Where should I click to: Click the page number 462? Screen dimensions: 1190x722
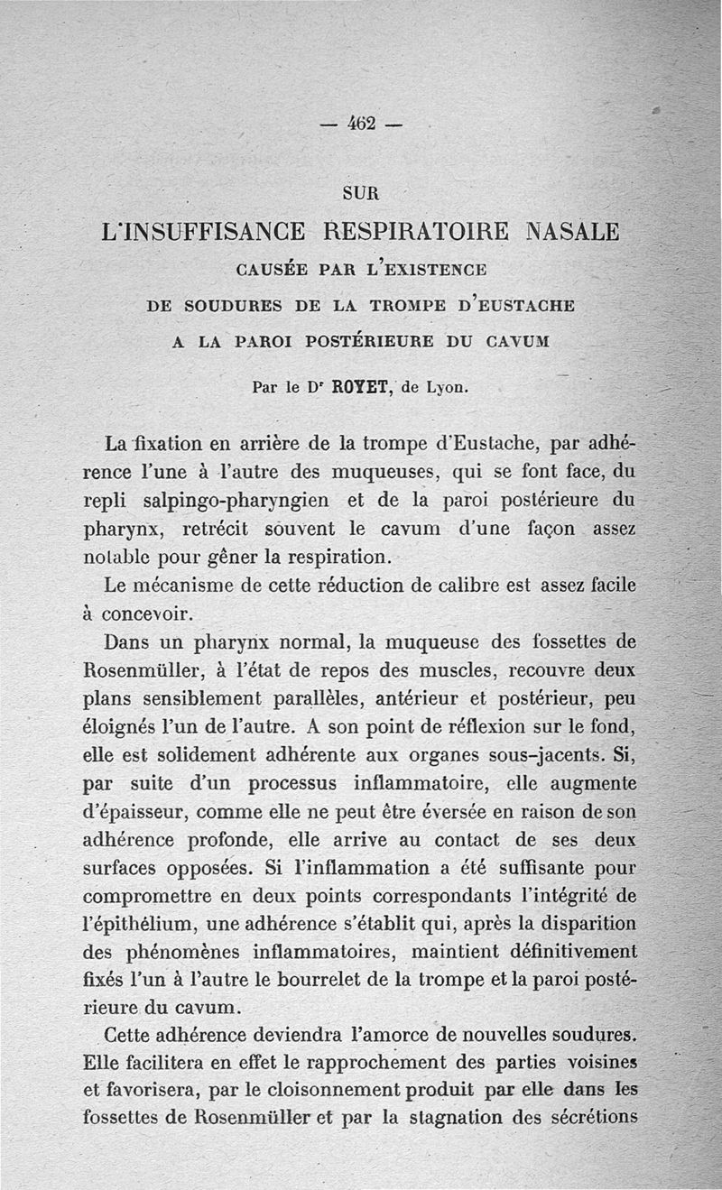pos(362,124)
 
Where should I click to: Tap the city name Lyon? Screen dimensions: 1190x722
pos(447,389)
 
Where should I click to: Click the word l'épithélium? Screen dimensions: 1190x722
pos(138,923)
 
